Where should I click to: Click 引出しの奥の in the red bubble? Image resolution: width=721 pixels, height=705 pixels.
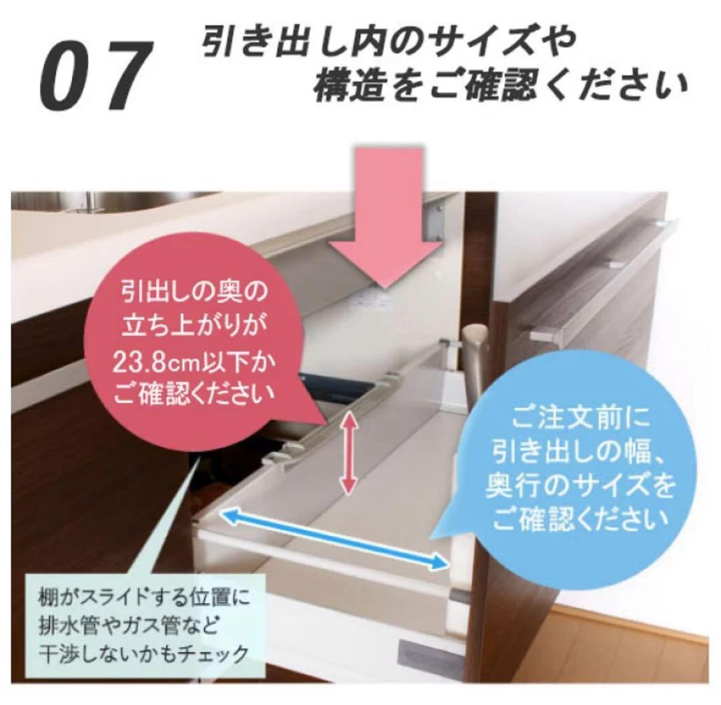[194, 292]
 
